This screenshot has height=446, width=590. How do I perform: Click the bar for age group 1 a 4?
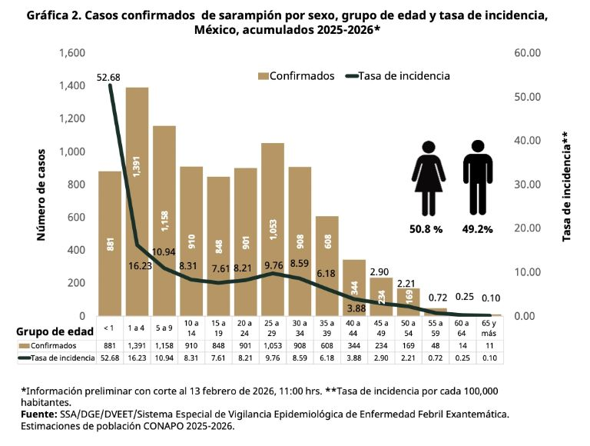coord(137,200)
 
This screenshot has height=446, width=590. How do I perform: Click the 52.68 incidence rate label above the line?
coord(110,77)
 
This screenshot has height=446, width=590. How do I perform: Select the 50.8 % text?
coord(426,228)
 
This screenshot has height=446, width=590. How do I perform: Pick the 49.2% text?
coord(478,228)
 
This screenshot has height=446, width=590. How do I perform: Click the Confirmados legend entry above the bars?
coord(296,76)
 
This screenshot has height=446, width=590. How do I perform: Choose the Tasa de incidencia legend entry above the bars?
coord(398,76)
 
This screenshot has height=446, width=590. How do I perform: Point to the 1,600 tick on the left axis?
coord(71,53)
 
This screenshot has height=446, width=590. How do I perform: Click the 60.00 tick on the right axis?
coord(525,53)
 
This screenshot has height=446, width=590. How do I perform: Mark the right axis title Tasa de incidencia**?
coord(566,188)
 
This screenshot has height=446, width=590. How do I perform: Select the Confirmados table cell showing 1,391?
coord(137,345)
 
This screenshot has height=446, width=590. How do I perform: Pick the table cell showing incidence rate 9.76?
coord(273,358)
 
